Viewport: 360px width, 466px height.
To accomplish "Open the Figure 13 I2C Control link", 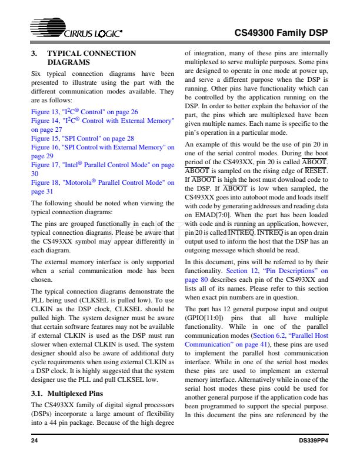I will [x=85, y=111].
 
